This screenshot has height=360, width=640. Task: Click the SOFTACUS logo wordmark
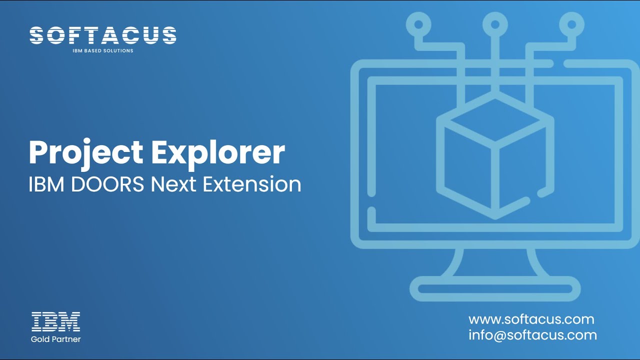(103, 35)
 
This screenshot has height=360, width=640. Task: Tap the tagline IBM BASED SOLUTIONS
(103, 51)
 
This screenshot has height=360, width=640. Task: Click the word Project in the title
(85, 152)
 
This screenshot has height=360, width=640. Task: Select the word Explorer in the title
(218, 152)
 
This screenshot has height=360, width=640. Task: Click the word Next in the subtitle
(174, 184)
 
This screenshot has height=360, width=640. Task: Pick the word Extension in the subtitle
(252, 184)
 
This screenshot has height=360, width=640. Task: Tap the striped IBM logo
(55, 322)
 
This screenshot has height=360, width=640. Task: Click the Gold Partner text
(55, 339)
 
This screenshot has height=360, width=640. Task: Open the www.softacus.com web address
(531, 319)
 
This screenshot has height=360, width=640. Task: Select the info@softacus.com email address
(532, 335)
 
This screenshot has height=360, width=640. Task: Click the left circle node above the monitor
(418, 23)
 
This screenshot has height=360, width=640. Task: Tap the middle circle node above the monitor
(495, 23)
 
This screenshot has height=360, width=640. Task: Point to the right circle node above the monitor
(571, 23)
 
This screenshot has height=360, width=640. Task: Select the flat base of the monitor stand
(495, 288)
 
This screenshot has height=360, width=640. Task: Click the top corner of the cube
(495, 98)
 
